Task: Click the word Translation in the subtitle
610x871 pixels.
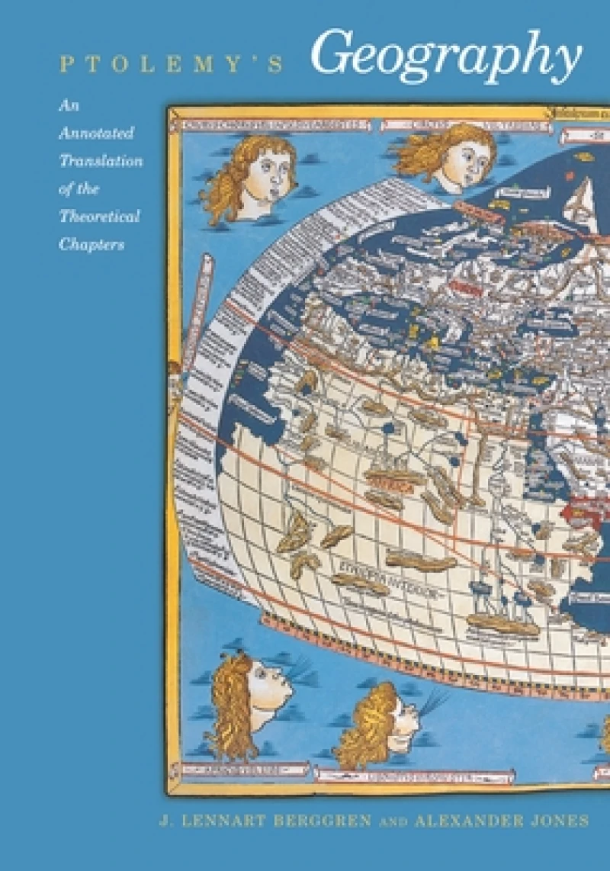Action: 101,161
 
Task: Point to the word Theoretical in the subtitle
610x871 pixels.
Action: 100,217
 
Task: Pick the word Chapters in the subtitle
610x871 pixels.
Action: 91,245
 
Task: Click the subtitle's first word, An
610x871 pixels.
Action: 69,105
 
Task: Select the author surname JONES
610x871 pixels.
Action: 561,821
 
